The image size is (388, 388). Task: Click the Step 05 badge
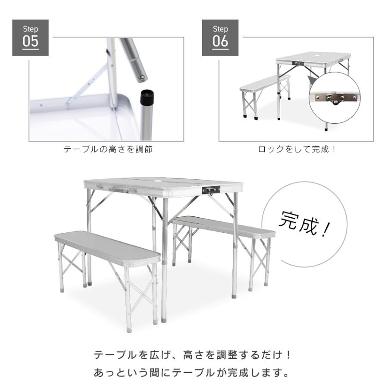point(30,38)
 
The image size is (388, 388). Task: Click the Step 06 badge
point(220,38)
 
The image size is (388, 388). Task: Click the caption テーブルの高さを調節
point(108,150)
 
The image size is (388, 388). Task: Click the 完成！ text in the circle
point(304,224)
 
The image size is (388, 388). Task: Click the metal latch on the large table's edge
point(211,190)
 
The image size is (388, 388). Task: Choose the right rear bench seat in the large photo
point(224,226)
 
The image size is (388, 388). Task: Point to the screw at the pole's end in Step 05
point(141,78)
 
